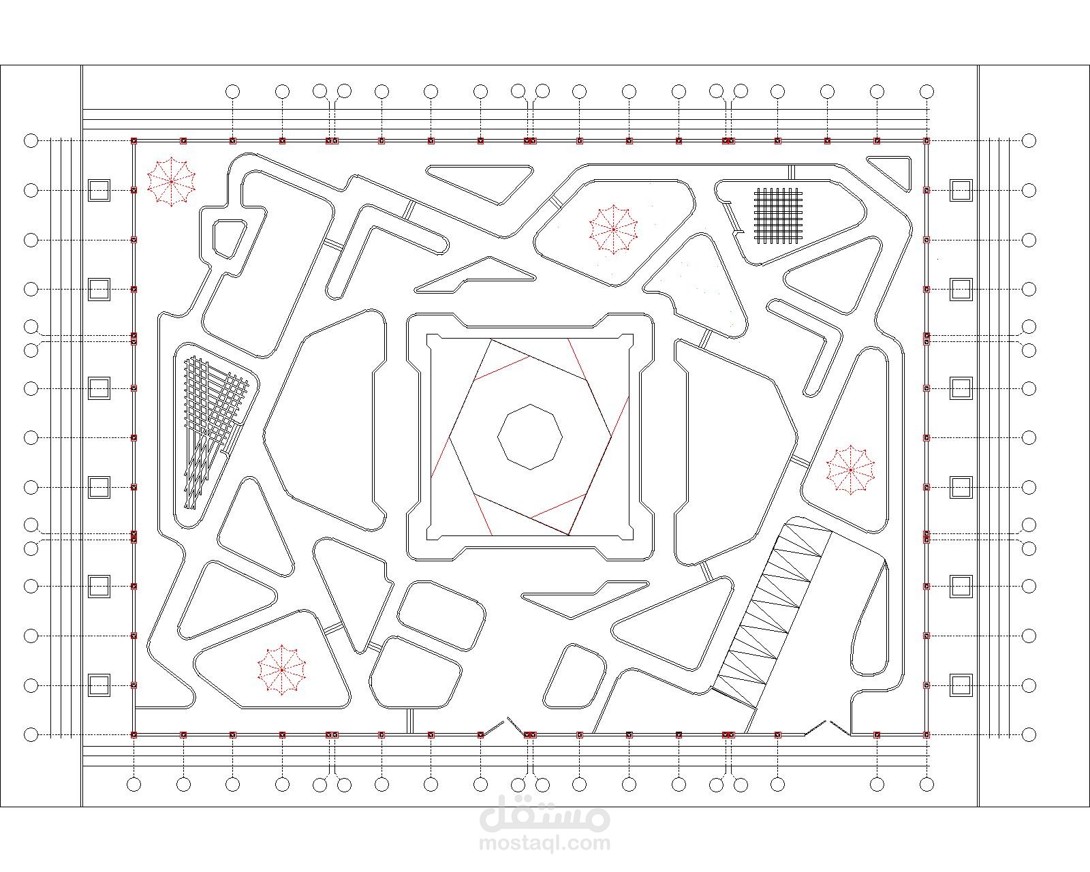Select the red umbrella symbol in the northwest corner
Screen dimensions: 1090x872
[171, 181]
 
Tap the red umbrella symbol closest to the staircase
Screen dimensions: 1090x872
[850, 469]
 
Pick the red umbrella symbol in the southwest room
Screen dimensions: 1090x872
[281, 670]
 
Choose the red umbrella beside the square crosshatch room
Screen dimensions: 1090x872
[613, 230]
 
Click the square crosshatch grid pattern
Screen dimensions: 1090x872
[779, 215]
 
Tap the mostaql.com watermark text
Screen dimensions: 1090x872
[544, 843]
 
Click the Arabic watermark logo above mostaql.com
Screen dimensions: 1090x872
[544, 813]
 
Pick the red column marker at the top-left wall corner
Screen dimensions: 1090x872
[134, 141]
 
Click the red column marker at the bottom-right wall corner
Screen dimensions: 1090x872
[926, 734]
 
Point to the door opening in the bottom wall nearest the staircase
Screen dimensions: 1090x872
[827, 728]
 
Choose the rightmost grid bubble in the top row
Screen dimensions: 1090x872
[926, 92]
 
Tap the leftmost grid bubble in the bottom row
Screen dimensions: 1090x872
[134, 784]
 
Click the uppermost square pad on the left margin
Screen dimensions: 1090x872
[99, 191]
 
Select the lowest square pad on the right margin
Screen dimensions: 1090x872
[961, 685]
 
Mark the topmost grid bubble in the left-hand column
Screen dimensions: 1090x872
[31, 141]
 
